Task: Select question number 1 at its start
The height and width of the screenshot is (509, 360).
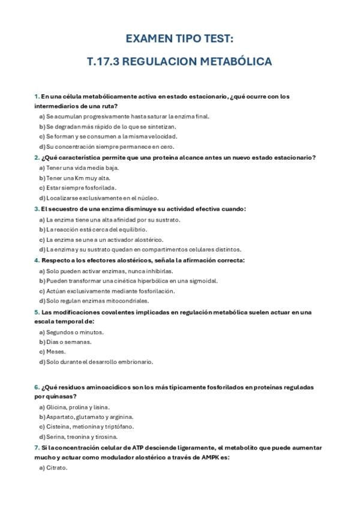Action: pos(36,96)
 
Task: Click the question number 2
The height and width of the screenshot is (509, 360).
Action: pos(36,158)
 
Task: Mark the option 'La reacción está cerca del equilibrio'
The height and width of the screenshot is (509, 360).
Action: pos(96,229)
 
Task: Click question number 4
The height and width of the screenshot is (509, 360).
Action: pos(36,261)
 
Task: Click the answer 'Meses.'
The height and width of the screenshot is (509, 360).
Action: pos(56,352)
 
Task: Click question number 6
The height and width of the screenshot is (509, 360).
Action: pos(36,387)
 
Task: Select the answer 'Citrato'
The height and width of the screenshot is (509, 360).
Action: pos(56,468)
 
